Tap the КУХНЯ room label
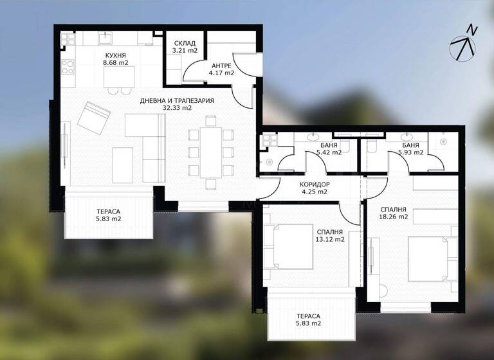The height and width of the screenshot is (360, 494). click(x=117, y=55)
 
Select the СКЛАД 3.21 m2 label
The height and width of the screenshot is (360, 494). click(x=183, y=43)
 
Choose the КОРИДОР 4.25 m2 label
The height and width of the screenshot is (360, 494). click(x=314, y=184)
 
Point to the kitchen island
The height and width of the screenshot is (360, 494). click(x=120, y=77)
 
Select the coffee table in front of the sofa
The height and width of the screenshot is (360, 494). click(x=122, y=165)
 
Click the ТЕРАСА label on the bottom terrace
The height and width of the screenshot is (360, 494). click(x=309, y=316)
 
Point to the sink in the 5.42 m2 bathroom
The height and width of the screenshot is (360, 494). click(x=314, y=138)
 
